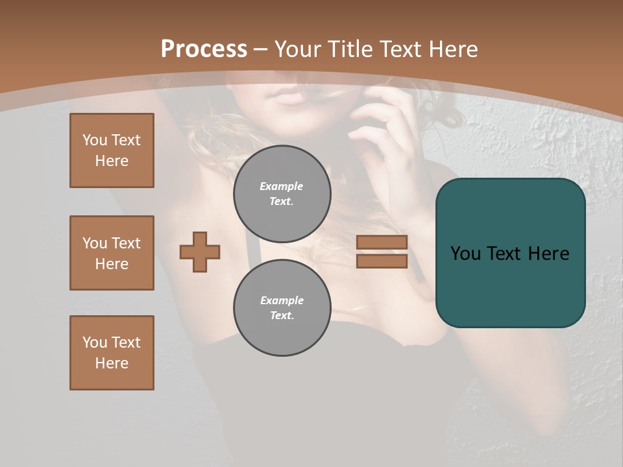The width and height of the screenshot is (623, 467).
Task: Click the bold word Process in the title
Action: coord(204,49)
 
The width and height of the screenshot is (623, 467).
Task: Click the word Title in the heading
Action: coord(354,49)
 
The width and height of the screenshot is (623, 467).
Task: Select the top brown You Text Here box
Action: coord(112,150)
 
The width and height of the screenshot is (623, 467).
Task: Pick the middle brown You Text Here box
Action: coord(112,253)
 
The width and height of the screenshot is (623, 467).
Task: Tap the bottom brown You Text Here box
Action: coord(112,353)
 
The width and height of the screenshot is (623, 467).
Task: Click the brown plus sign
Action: coord(200,252)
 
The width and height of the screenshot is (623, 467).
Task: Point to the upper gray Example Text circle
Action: coord(282,194)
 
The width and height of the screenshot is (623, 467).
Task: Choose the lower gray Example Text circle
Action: coord(282,308)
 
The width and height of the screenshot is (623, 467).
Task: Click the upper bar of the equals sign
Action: coord(382,243)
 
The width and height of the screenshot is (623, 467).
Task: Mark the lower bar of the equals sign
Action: coord(382,261)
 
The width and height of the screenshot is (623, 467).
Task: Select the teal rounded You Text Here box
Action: coord(510,253)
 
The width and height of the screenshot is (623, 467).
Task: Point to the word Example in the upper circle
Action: coord(281,186)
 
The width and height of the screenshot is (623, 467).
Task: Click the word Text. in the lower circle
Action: coord(282,315)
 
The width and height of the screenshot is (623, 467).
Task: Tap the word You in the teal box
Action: coord(466,253)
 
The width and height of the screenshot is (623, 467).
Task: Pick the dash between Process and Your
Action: coord(261,49)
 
